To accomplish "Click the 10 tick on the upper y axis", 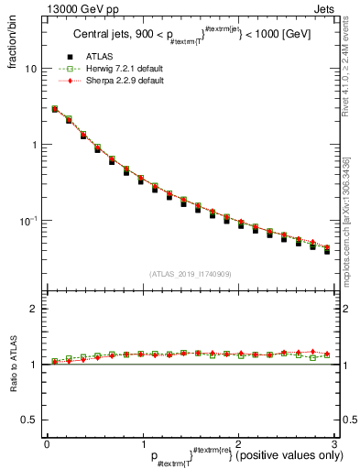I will click(32, 70).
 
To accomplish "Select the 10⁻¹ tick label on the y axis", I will click(30, 222).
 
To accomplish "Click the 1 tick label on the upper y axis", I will click(35, 146).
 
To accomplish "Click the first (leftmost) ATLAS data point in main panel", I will click(55, 109).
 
